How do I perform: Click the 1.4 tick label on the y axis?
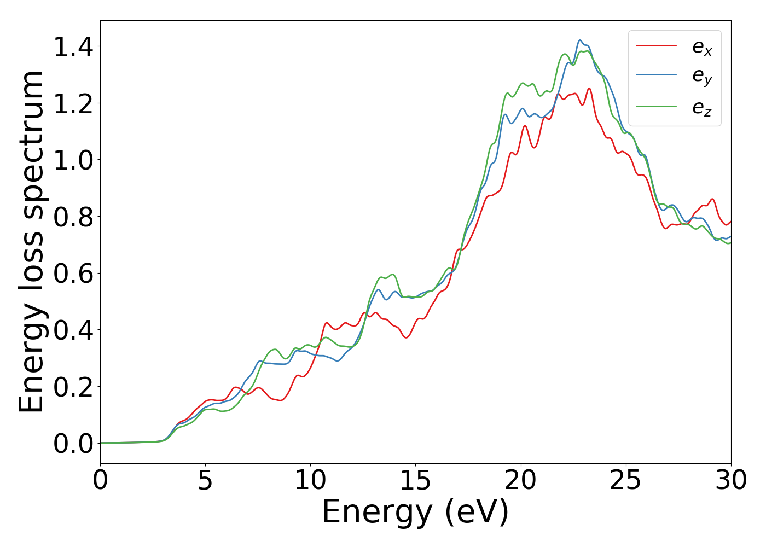(73, 48)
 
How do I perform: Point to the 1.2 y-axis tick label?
(73, 104)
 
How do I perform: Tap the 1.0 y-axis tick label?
(73, 161)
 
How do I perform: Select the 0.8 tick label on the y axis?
(73, 218)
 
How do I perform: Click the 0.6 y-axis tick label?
(73, 274)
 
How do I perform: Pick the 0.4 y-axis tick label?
(73, 331)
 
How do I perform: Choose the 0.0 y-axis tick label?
(73, 444)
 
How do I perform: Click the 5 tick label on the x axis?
(205, 481)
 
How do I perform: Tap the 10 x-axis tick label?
(310, 481)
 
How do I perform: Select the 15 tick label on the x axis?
(415, 481)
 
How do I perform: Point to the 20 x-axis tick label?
(520, 481)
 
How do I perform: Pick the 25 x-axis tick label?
(625, 481)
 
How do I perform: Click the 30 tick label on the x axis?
(730, 481)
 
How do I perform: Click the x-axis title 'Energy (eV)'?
(415, 513)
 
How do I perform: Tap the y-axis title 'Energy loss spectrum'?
(32, 242)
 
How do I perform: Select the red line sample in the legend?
(656, 46)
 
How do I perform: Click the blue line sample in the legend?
(656, 75)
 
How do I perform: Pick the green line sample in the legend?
(656, 107)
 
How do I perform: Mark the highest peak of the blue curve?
(580, 40)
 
